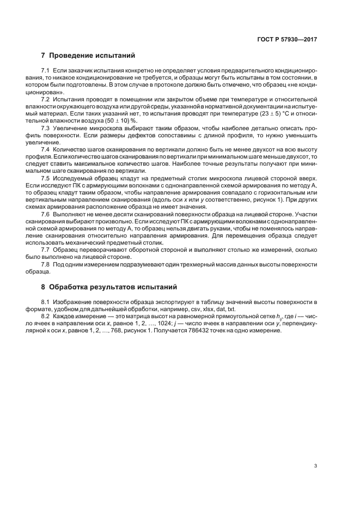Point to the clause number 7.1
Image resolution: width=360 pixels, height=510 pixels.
46,71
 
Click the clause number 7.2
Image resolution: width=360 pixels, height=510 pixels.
46,100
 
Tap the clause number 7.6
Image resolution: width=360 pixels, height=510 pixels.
46,214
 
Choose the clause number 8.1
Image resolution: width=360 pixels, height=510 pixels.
46,301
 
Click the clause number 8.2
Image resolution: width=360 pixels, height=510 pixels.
46,316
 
